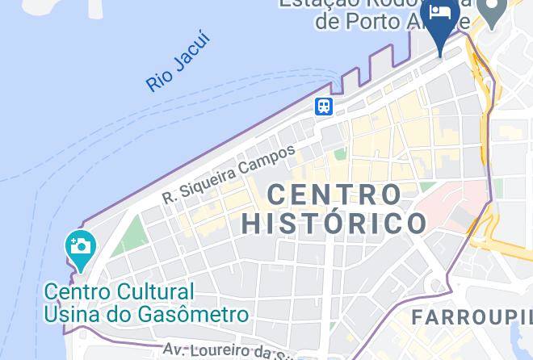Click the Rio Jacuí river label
tap(178, 62)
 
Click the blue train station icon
tap(324, 107)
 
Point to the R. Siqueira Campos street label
tap(229, 174)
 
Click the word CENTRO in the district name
tap(334, 195)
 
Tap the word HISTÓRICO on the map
tap(334, 223)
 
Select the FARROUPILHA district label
tap(472, 317)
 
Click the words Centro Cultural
tap(120, 291)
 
